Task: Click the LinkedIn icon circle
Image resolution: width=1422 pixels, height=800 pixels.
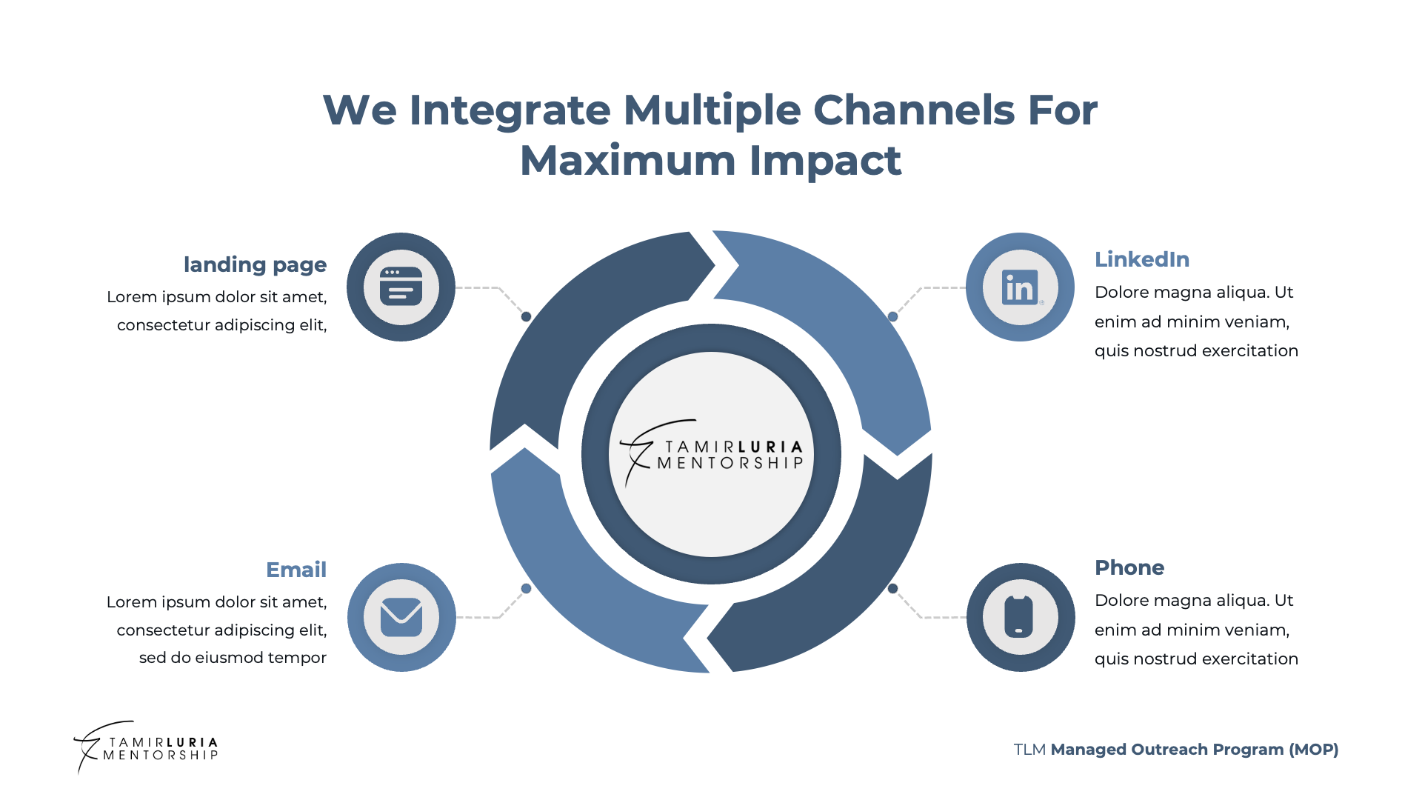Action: (x=1020, y=287)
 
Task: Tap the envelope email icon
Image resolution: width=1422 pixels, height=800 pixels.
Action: (x=401, y=617)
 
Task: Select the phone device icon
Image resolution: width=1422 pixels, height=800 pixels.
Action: (x=1020, y=617)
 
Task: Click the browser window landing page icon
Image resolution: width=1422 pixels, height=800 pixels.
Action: (x=401, y=287)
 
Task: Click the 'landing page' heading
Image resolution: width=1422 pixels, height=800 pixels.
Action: (x=255, y=264)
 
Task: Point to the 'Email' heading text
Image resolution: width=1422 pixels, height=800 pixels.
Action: (x=296, y=570)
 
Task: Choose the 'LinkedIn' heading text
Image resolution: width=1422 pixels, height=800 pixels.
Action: (x=1142, y=259)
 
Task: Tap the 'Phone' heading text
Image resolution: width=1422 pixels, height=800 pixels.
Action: (x=1129, y=567)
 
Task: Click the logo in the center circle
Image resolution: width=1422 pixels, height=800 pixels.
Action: (x=712, y=454)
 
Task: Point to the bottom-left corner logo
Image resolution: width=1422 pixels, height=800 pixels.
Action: (x=146, y=747)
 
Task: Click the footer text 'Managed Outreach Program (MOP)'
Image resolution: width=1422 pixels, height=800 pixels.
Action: (x=1195, y=750)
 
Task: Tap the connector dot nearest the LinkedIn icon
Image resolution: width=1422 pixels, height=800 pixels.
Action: (x=893, y=316)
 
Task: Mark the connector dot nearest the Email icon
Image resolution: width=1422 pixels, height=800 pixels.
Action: (x=527, y=588)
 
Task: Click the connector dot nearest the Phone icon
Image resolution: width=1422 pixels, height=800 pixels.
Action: (x=893, y=588)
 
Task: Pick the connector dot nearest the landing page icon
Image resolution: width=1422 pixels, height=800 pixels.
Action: (x=527, y=316)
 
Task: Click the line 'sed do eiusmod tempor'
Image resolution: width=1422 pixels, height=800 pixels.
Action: (x=233, y=658)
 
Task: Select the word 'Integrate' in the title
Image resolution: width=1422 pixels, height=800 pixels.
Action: (x=510, y=110)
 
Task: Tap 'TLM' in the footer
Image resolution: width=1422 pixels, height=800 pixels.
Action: (x=1029, y=750)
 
